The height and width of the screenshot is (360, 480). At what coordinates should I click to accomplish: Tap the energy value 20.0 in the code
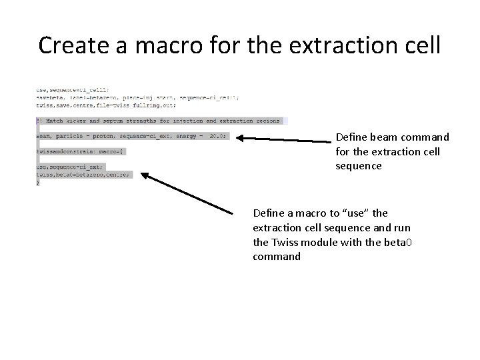[217, 135]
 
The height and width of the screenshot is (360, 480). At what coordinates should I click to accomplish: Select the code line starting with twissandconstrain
[80, 151]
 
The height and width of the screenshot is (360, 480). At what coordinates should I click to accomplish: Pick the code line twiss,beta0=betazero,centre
[83, 175]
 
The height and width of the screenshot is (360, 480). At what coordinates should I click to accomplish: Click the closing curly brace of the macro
[38, 182]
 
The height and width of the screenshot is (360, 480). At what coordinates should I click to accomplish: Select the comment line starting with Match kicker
[160, 121]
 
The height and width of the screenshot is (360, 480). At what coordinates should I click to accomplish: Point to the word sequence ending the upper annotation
[359, 166]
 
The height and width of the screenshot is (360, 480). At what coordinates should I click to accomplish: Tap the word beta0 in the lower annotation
[399, 242]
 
